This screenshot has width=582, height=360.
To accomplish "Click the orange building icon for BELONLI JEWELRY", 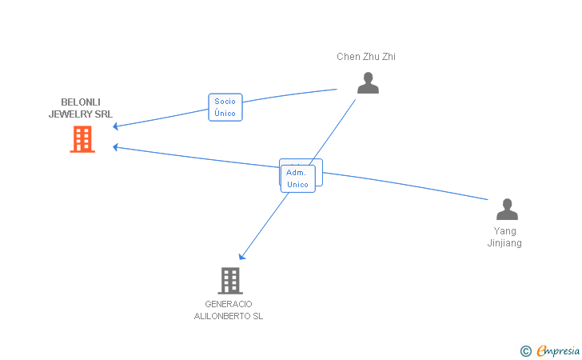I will (82, 139).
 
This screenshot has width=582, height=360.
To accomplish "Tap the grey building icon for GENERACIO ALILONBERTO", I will (229, 281).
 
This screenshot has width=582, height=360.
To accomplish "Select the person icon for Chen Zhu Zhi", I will (368, 83).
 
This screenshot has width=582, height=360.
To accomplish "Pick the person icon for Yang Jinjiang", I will (507, 210).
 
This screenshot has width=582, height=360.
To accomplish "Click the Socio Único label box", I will (225, 107).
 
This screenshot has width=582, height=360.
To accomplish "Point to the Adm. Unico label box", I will (297, 178).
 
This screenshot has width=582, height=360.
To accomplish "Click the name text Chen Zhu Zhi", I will (366, 57).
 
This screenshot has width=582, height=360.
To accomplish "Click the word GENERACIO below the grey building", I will (228, 304).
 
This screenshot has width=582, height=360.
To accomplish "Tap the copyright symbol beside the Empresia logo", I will (525, 350).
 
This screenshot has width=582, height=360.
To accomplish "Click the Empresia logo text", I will (558, 350).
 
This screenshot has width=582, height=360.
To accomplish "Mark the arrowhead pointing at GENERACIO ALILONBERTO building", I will (241, 257).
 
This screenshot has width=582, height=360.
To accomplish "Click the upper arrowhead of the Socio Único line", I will (116, 126).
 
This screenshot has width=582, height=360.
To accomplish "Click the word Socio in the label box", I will (225, 102).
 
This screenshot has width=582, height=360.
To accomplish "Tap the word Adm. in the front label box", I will (297, 173).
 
